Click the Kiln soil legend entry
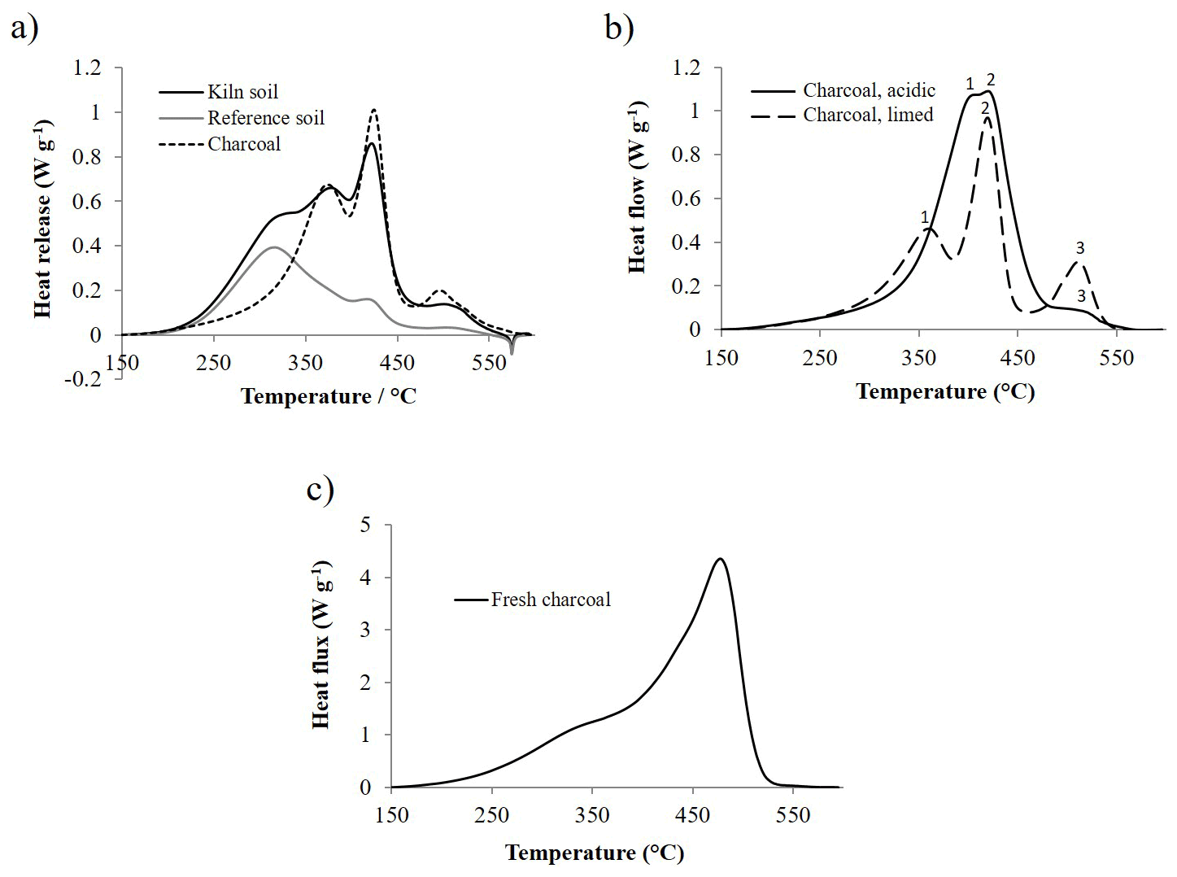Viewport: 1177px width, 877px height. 242,92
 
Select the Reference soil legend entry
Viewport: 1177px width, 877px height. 265,118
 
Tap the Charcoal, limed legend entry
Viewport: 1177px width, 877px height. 868,115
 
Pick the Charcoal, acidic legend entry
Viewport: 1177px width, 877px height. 869,90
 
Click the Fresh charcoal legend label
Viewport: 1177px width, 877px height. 551,600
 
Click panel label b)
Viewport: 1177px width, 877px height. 619,28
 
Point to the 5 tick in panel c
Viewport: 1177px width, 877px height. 365,526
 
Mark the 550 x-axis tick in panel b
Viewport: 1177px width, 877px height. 1116,358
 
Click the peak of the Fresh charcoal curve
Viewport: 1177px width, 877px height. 720,559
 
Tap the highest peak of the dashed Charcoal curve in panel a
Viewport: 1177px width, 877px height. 373,109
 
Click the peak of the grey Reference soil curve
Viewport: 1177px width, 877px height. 274,247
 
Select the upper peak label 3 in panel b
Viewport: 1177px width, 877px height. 1080,248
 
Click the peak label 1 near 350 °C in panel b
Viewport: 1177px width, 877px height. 925,217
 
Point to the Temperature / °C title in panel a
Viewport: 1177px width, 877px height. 328,396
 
